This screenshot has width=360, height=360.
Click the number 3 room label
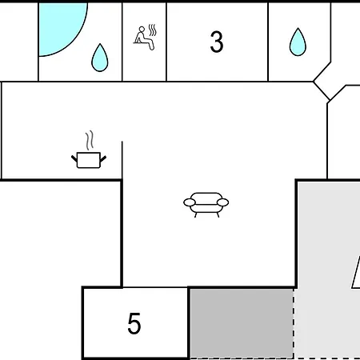[217, 42]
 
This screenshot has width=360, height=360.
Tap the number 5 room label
[134, 323]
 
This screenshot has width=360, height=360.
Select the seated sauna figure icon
[145, 37]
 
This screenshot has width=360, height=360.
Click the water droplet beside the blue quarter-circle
[100, 58]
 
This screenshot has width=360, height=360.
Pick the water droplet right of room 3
[298, 42]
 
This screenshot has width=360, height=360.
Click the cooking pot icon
[89, 160]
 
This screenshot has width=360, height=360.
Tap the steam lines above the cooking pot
[90, 140]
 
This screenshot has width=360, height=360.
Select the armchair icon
[206, 205]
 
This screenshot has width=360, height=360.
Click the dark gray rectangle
[242, 322]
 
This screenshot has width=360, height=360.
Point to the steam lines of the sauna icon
[152, 30]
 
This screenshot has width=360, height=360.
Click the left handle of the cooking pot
[74, 158]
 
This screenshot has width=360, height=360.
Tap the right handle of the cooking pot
[103, 158]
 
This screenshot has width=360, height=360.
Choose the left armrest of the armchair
[190, 202]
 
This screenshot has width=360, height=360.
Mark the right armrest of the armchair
[222, 202]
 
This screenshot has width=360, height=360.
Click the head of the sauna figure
[142, 29]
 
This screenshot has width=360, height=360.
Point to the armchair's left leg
[196, 214]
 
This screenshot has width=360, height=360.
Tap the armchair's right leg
[218, 214]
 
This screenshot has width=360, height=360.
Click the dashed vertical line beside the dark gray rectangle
[294, 323]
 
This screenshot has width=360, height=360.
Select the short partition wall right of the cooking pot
[122, 160]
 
